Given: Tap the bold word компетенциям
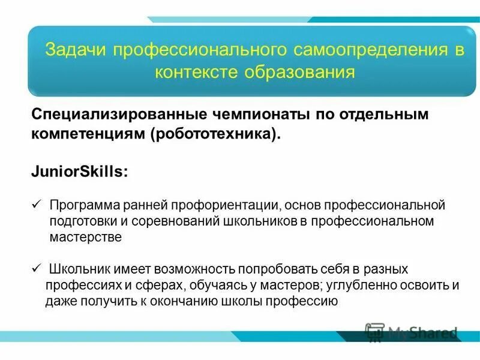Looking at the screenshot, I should click(83, 134).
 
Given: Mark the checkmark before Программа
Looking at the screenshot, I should click(35, 205).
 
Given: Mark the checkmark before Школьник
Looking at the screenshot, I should click(35, 268).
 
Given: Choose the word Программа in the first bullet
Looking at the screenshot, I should click(84, 206).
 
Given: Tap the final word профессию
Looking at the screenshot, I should click(308, 301).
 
